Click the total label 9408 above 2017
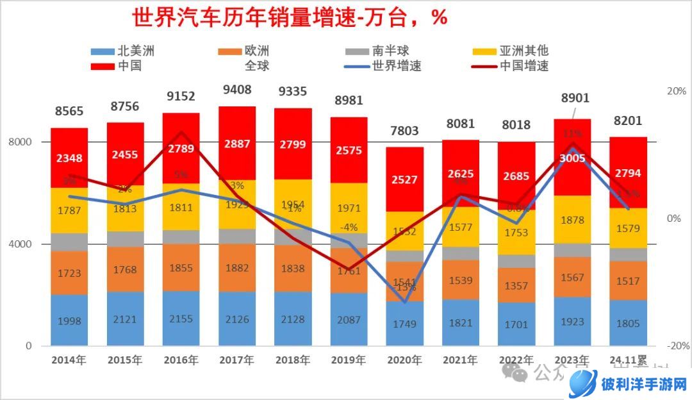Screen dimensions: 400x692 (x=236, y=90)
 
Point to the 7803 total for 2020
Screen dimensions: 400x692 (x=405, y=131)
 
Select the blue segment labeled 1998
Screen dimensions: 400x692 (x=69, y=321)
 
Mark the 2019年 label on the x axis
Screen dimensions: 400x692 (x=349, y=360)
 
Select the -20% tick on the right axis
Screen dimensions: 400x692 (x=677, y=346)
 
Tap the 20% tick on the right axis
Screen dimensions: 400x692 (x=677, y=91)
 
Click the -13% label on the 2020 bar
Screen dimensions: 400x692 (x=405, y=287)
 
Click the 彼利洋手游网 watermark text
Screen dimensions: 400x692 (x=644, y=385)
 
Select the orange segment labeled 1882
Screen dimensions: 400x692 (x=236, y=268)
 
